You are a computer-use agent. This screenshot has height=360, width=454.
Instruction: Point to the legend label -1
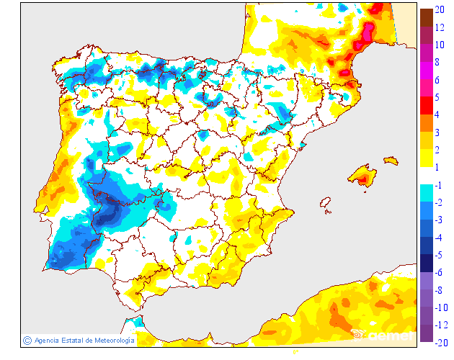(440, 185)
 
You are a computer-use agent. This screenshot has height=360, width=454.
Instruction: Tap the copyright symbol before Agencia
(27, 340)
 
